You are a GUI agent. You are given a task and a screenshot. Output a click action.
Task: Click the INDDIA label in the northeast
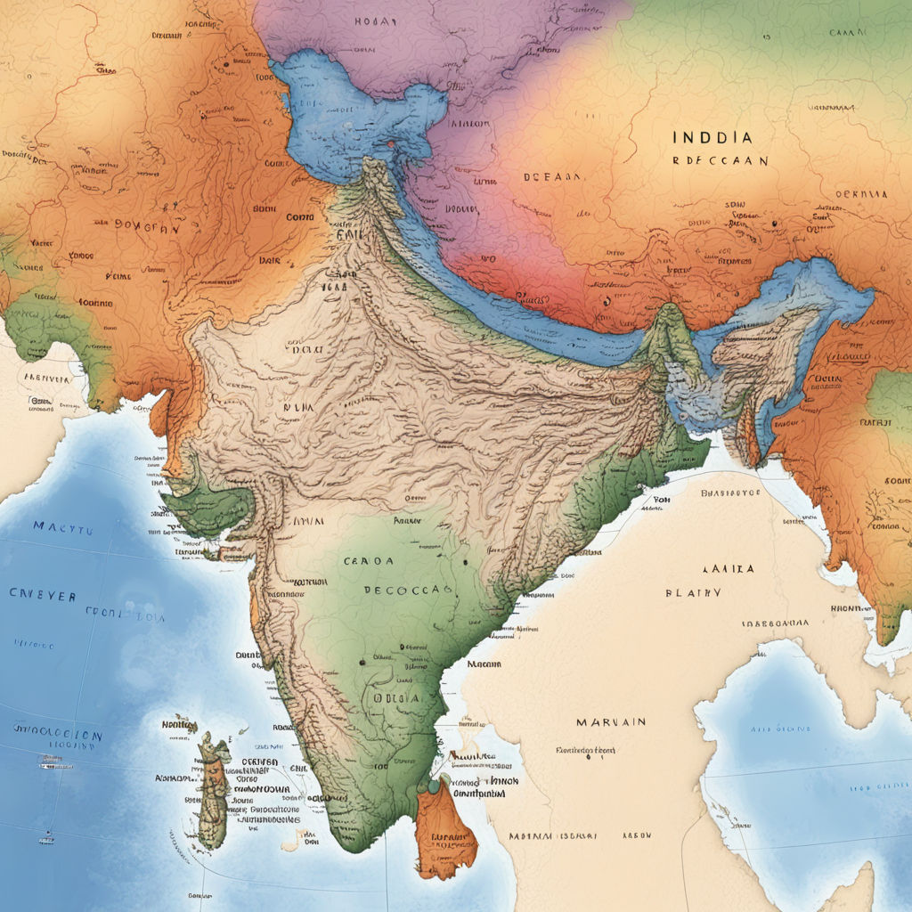tap(712, 138)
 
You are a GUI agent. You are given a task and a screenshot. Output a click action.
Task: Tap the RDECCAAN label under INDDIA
tap(720, 162)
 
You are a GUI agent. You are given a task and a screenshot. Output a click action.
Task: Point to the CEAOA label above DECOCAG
tap(367, 562)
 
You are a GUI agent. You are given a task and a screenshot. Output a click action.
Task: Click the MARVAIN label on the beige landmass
tap(610, 721)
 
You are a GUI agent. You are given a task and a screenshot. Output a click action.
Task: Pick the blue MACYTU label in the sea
tap(62, 527)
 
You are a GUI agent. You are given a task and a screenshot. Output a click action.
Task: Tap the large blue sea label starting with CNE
tap(43, 594)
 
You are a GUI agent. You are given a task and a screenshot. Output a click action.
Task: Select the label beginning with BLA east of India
tap(693, 592)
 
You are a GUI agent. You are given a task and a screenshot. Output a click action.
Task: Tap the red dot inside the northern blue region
tap(389, 142)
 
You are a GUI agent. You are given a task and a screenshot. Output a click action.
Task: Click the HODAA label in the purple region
tap(375, 20)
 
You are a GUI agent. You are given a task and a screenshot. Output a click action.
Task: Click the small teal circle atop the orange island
tap(434, 786)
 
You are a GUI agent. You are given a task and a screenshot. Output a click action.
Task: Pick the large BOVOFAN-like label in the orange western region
tap(147, 227)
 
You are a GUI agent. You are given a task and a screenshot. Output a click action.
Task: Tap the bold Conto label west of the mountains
tap(299, 216)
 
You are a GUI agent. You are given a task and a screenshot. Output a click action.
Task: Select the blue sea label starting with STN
tap(58, 735)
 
